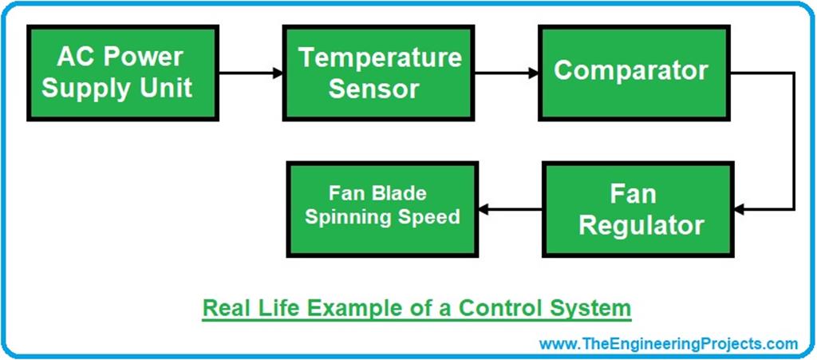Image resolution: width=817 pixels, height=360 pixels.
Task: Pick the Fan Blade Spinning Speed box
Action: coord(384,209)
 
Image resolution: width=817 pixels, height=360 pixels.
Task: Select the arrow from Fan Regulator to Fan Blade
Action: coord(511,210)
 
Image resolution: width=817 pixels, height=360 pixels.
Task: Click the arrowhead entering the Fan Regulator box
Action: coord(739,210)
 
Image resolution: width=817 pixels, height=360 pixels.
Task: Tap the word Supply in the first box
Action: coord(80,87)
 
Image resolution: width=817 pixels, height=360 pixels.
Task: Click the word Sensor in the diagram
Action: coord(374,88)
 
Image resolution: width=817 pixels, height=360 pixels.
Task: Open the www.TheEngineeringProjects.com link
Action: coord(668,344)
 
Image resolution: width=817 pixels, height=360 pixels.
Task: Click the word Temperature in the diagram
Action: coord(379,57)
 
